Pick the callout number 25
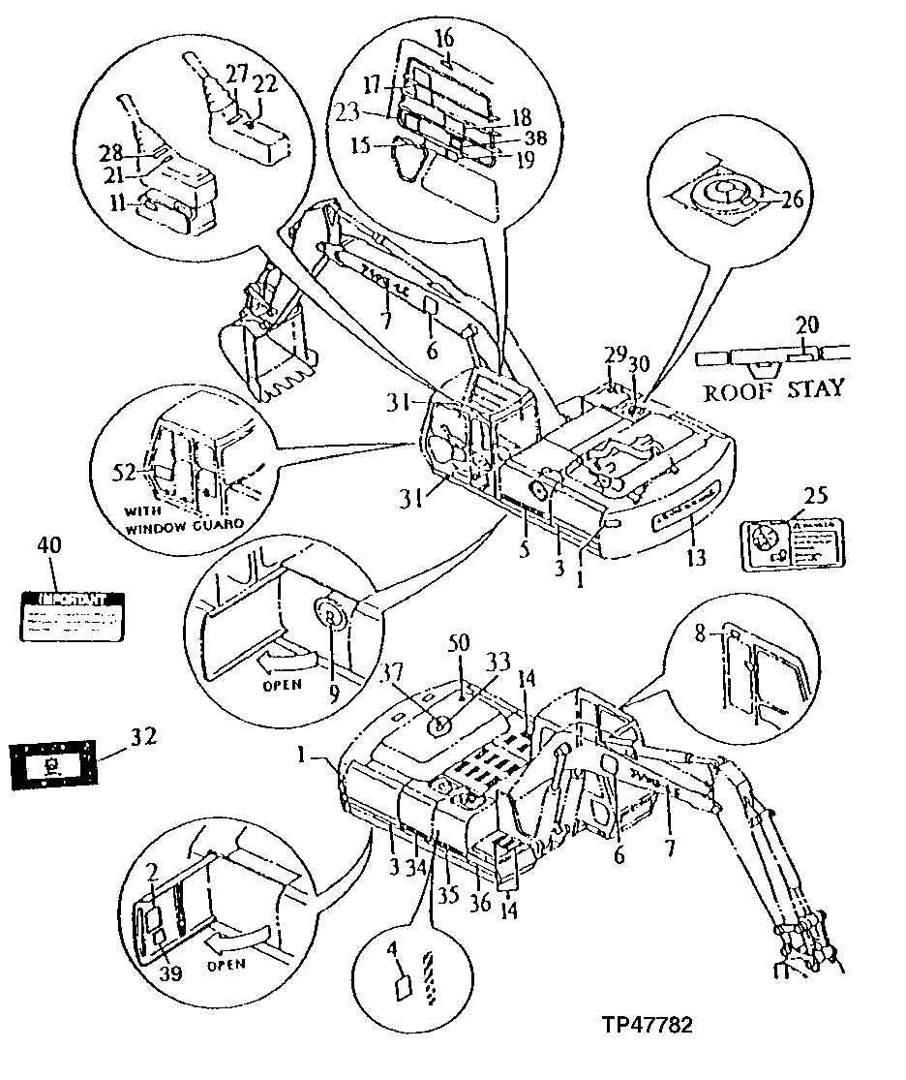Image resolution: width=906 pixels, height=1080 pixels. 815,496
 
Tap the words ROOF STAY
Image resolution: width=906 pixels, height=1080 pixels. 772,390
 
